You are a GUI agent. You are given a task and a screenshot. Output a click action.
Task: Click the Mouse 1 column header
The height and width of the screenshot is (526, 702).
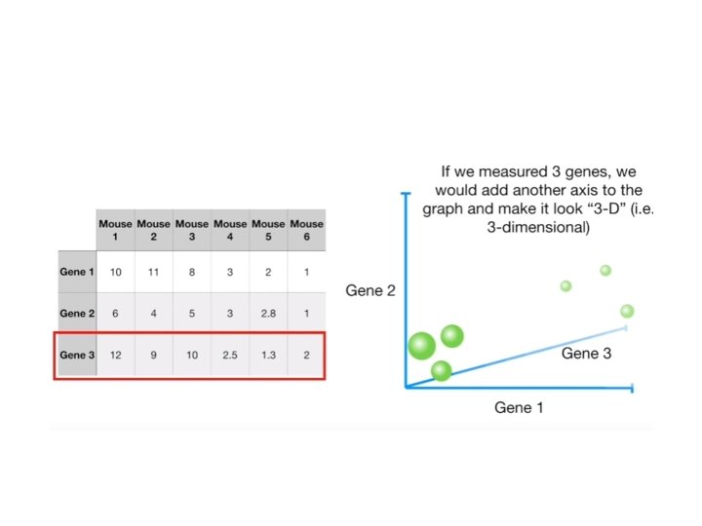[115, 231]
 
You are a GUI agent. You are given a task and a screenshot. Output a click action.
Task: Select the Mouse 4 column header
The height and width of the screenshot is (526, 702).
[230, 231]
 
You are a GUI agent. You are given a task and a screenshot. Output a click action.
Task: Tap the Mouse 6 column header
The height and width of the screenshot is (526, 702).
[306, 231]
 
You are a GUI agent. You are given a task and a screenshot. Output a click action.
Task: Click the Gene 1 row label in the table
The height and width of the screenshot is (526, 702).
[77, 272]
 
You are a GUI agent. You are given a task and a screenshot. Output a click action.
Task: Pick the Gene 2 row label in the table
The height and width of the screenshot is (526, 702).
[77, 314]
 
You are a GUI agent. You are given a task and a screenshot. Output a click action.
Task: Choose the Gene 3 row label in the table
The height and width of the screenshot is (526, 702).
[77, 355]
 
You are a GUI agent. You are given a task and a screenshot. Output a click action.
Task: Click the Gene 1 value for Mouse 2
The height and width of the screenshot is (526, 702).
[154, 272]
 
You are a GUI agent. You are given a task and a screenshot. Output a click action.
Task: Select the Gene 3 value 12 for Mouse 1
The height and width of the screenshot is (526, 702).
[115, 355]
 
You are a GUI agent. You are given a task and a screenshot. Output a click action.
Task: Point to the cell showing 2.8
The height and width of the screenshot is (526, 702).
[268, 314]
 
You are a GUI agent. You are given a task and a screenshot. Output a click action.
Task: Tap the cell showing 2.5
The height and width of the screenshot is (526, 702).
[230, 355]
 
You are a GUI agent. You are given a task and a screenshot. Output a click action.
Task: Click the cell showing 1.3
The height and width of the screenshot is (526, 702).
[268, 355]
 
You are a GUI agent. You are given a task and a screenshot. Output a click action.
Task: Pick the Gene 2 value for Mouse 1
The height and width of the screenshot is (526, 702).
[115, 314]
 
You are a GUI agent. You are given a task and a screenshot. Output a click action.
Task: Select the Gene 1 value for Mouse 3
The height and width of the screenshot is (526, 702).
[192, 272]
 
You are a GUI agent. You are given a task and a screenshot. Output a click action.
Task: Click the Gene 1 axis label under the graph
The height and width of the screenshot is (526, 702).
[520, 407]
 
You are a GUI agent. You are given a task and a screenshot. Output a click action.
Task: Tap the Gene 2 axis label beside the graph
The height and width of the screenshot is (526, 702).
[370, 290]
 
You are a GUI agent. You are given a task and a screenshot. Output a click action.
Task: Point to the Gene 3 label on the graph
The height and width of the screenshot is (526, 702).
[586, 354]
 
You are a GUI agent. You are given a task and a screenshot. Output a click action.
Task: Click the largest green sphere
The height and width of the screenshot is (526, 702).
[421, 346]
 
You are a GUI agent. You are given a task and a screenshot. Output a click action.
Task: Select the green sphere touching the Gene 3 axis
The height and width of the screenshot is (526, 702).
[441, 370]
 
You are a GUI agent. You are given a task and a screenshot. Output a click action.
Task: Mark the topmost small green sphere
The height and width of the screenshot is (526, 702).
[605, 270]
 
